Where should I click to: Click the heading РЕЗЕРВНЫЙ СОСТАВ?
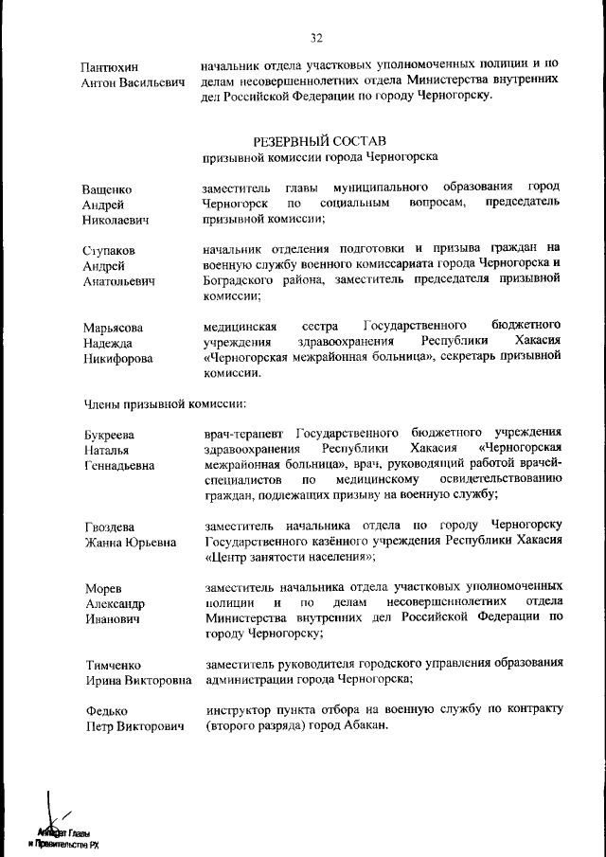pos(319,140)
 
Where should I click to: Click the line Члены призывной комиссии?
pos(165,404)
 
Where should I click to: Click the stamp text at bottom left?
pos(62,836)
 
